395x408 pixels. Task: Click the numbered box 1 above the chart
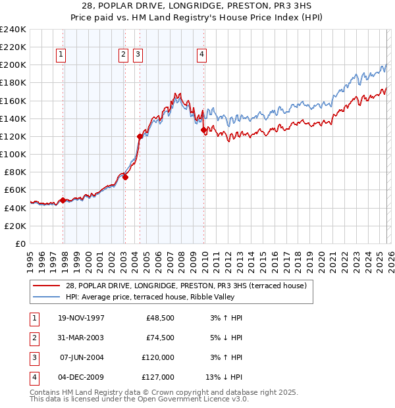point(61,55)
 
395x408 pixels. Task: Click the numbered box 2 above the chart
point(123,55)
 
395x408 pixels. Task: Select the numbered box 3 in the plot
point(138,55)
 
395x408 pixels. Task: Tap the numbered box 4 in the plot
point(201,55)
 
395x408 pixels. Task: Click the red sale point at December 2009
point(203,130)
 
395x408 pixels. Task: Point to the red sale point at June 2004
point(140,136)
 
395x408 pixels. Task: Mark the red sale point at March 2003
point(125,177)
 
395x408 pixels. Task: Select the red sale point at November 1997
point(63,200)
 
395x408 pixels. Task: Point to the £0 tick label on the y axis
point(20,243)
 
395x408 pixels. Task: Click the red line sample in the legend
point(46,286)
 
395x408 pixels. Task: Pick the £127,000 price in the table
point(159,377)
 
